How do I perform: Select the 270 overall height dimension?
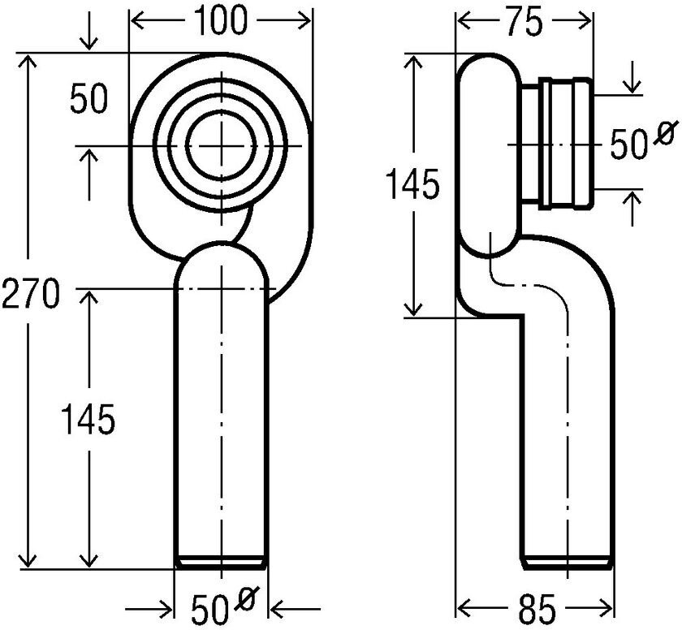click(x=30, y=293)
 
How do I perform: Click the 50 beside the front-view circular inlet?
click(x=88, y=101)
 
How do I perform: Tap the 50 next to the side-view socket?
click(x=626, y=146)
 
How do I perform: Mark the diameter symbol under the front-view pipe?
click(x=246, y=599)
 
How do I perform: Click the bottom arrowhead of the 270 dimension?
click(x=30, y=563)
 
